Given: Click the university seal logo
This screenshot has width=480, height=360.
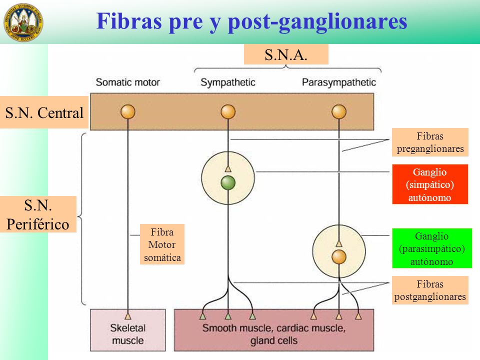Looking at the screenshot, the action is pos(23,22).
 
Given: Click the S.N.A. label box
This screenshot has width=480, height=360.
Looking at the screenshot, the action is pos(286,54).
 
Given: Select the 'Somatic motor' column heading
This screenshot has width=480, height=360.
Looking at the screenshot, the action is pos(128,82).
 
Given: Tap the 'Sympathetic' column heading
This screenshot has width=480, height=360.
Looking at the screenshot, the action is pos(228,82).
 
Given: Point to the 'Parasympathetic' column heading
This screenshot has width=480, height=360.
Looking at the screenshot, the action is pos(339,82).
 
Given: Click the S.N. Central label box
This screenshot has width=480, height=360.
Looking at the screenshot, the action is pos(44,112).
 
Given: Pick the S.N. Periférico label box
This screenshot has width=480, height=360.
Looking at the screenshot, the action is pos(38,214).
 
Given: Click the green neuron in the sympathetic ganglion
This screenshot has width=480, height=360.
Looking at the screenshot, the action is pos(228,183).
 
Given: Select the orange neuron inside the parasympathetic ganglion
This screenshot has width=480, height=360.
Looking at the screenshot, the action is pos(339,257).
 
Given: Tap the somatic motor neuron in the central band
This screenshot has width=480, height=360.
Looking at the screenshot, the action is pos(128,111).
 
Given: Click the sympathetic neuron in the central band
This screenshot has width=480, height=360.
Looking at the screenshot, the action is pos(228,111).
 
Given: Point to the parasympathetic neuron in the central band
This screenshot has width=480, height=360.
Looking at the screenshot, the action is pos(339,111).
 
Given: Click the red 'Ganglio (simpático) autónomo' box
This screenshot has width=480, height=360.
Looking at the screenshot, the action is pos(430,184).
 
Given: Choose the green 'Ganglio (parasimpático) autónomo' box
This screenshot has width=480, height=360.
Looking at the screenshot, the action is pos(432,248).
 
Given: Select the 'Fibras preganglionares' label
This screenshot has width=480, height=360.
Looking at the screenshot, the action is pos(430,142).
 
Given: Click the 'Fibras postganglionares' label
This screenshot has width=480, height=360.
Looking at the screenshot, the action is pos(430,290).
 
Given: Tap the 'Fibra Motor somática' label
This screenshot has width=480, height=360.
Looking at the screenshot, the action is pos(162,244).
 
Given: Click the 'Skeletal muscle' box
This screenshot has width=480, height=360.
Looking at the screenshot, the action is pos(128,330).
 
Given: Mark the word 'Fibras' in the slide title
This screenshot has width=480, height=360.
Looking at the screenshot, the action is pos(129,21).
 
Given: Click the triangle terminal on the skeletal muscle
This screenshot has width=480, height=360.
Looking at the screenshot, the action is pos(128,315).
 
